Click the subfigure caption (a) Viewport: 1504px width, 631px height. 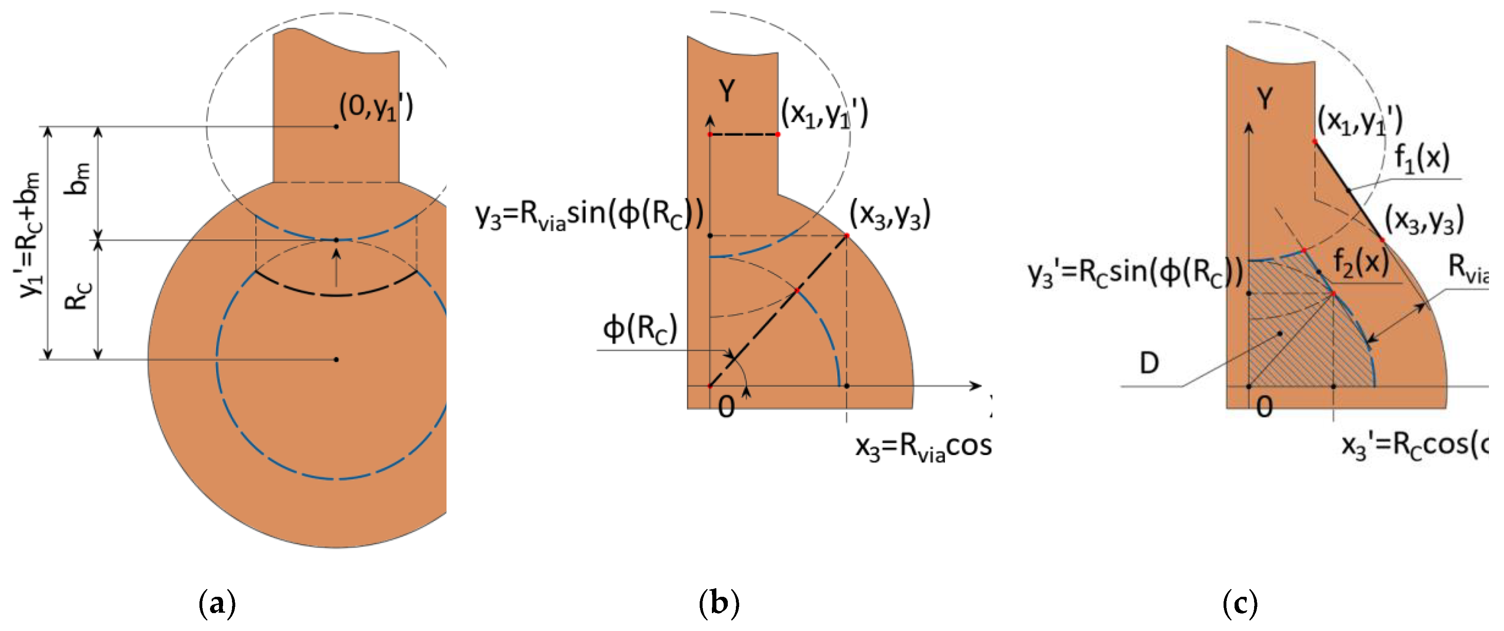(217, 603)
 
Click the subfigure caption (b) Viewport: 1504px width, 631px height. (719, 603)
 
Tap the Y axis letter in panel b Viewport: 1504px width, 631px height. (727, 91)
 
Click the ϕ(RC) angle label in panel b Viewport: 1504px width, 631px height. (640, 328)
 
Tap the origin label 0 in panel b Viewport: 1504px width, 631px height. (726, 407)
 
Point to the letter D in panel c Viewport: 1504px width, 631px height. (1149, 364)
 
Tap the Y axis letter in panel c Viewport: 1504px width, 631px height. (1265, 98)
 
